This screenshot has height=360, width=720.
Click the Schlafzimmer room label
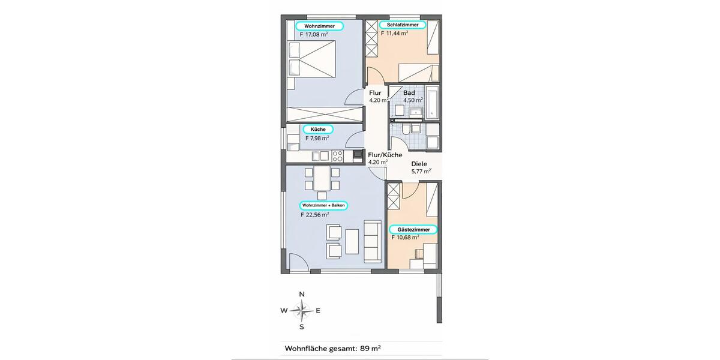click(x=402, y=25)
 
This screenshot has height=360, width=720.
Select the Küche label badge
click(x=318, y=129)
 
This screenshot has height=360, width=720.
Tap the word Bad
click(x=409, y=93)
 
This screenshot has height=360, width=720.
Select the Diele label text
click(x=419, y=164)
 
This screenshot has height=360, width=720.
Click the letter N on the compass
click(x=302, y=294)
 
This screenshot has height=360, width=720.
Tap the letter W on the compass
click(x=284, y=311)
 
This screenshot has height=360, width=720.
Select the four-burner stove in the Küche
click(x=337, y=156)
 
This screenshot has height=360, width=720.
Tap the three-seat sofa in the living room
click(x=373, y=241)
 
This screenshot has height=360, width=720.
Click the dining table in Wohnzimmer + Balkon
click(x=322, y=179)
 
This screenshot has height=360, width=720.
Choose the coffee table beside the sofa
click(x=352, y=241)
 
